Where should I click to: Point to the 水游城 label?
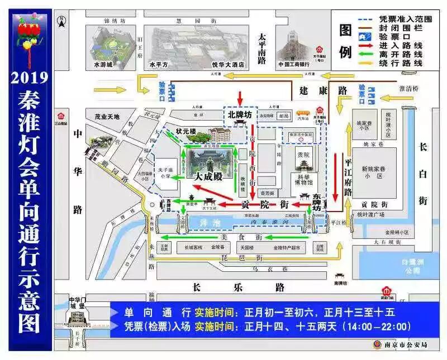[103, 65]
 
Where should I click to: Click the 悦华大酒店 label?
[229, 65]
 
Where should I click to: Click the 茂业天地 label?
[107, 117]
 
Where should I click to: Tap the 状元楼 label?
[186, 132]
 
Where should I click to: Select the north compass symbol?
[63, 22]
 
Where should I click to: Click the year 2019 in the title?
[31, 76]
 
